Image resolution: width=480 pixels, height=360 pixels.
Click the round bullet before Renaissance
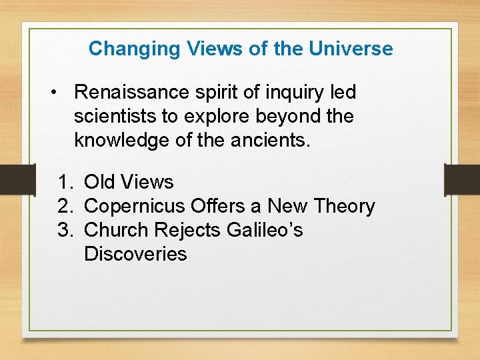pyautogui.click(x=53, y=93)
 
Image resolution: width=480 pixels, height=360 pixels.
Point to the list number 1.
pyautogui.click(x=64, y=182)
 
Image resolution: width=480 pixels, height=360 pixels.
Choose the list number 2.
pyautogui.click(x=64, y=206)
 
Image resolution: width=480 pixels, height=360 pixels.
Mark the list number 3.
pyautogui.click(x=64, y=230)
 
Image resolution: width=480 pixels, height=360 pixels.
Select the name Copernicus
pyautogui.click(x=135, y=206)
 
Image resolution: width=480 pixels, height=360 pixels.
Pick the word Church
pyautogui.click(x=117, y=230)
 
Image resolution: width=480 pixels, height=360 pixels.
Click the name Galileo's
pyautogui.click(x=265, y=230)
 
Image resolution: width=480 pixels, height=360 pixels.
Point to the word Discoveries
pyautogui.click(x=135, y=254)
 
